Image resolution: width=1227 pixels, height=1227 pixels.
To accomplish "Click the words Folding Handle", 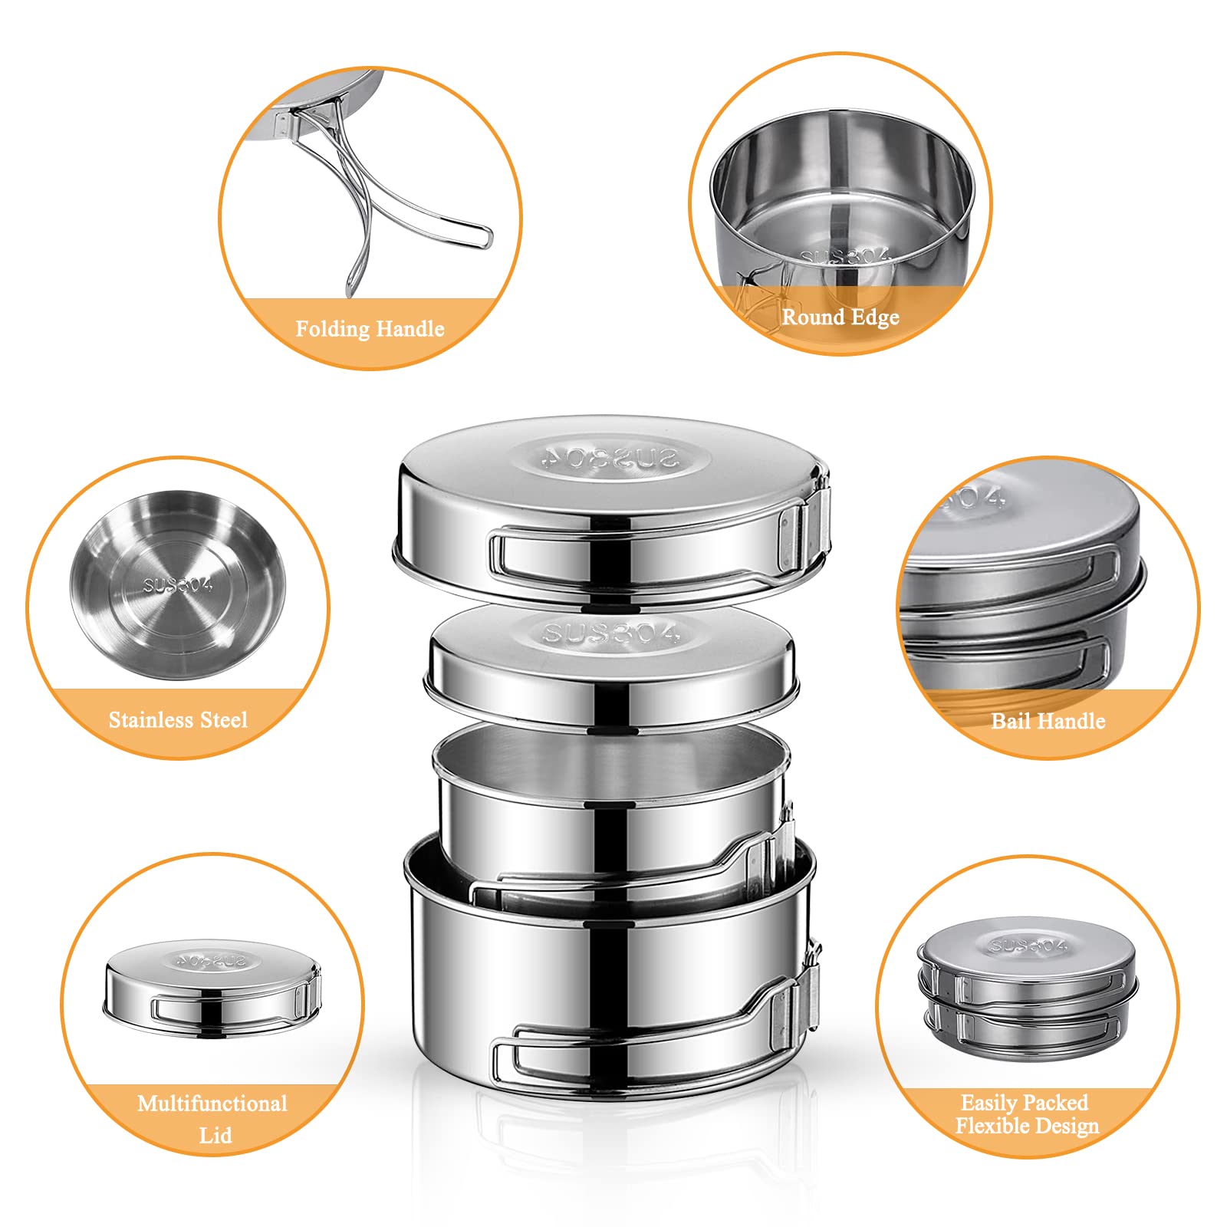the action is pos(370,329).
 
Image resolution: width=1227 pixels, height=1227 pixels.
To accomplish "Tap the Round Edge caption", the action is pos(840,317).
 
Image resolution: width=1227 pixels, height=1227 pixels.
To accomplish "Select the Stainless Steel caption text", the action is pos(178,719).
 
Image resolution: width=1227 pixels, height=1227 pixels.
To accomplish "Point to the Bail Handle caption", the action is pos(1048,721).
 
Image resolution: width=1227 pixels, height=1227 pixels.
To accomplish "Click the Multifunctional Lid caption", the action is pos(212,1118).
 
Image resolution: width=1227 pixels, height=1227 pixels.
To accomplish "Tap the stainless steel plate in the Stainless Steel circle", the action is pos(178,584).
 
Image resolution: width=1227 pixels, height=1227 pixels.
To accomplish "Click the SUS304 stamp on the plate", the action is pos(177,585).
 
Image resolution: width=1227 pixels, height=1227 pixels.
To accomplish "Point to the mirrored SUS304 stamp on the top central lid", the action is pos(610,459).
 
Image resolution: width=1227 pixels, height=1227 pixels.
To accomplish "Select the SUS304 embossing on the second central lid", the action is pos(611,634).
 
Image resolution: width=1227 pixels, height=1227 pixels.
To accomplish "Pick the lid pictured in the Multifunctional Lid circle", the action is pos(212,989).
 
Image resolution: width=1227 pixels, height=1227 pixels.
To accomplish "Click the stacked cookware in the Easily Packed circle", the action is pos(1028,989).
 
